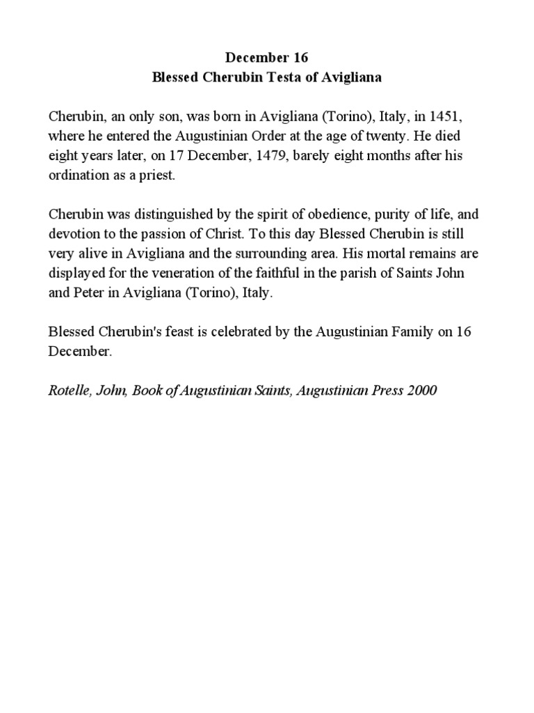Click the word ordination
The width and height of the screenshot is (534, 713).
(x=78, y=176)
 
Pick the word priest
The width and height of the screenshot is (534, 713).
(x=159, y=176)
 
